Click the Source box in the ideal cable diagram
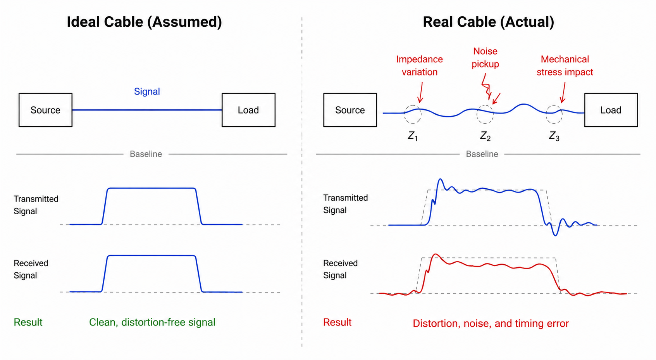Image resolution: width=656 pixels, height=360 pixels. point(45,110)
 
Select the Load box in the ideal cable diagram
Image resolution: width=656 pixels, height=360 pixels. point(248,110)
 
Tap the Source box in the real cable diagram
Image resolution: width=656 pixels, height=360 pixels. point(350,110)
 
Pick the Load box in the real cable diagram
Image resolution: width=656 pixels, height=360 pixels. point(611,110)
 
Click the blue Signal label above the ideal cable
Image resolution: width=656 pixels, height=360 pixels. point(147,91)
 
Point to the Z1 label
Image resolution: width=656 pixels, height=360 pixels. point(413,136)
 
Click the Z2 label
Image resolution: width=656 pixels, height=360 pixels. point(485,136)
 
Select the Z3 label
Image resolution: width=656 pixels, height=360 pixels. point(554,136)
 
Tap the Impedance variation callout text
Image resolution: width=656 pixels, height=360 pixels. point(419,65)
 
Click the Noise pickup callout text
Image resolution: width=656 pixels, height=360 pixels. point(485,57)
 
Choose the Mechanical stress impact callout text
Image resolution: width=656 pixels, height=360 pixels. point(565,65)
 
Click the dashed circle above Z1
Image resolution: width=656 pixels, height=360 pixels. point(413,114)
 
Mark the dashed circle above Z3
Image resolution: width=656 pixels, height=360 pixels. point(554,114)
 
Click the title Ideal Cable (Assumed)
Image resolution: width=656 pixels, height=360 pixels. point(144,22)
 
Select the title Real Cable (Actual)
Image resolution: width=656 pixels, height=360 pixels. point(488,22)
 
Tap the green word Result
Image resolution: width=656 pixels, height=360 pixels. point(28,322)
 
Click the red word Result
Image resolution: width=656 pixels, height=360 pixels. point(337,322)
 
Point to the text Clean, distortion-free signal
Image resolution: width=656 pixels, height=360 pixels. point(152,322)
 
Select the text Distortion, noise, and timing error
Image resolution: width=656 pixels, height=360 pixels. point(491,324)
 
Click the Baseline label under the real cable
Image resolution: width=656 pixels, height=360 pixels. point(482,154)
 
